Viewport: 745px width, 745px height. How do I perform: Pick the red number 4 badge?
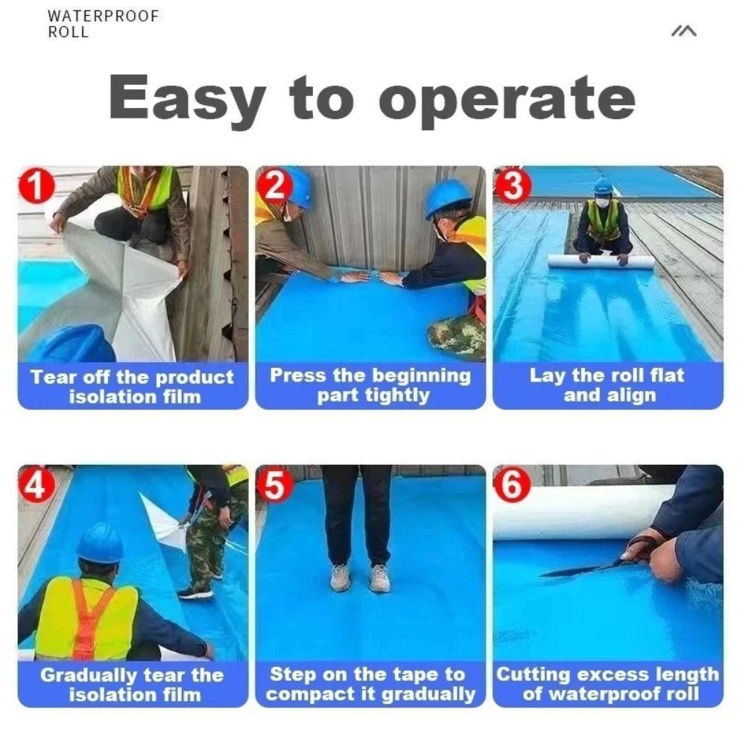tap(37, 486)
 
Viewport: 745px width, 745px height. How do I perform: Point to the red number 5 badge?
tap(274, 486)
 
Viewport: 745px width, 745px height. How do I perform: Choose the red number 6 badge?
tap(513, 486)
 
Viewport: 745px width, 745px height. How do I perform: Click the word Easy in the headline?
tap(187, 98)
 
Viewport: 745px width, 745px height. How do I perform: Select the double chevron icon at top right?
tap(683, 31)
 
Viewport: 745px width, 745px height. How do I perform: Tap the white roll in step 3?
tap(600, 262)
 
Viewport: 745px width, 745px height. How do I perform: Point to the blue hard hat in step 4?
tap(100, 542)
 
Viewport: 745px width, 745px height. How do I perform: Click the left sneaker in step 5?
tap(340, 577)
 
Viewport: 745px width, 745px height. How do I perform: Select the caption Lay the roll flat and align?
tap(607, 385)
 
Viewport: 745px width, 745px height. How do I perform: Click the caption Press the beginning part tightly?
tap(370, 385)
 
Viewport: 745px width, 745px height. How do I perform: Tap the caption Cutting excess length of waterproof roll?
tap(607, 685)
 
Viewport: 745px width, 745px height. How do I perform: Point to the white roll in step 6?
tap(574, 513)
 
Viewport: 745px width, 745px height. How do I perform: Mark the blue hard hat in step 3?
tap(603, 186)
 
